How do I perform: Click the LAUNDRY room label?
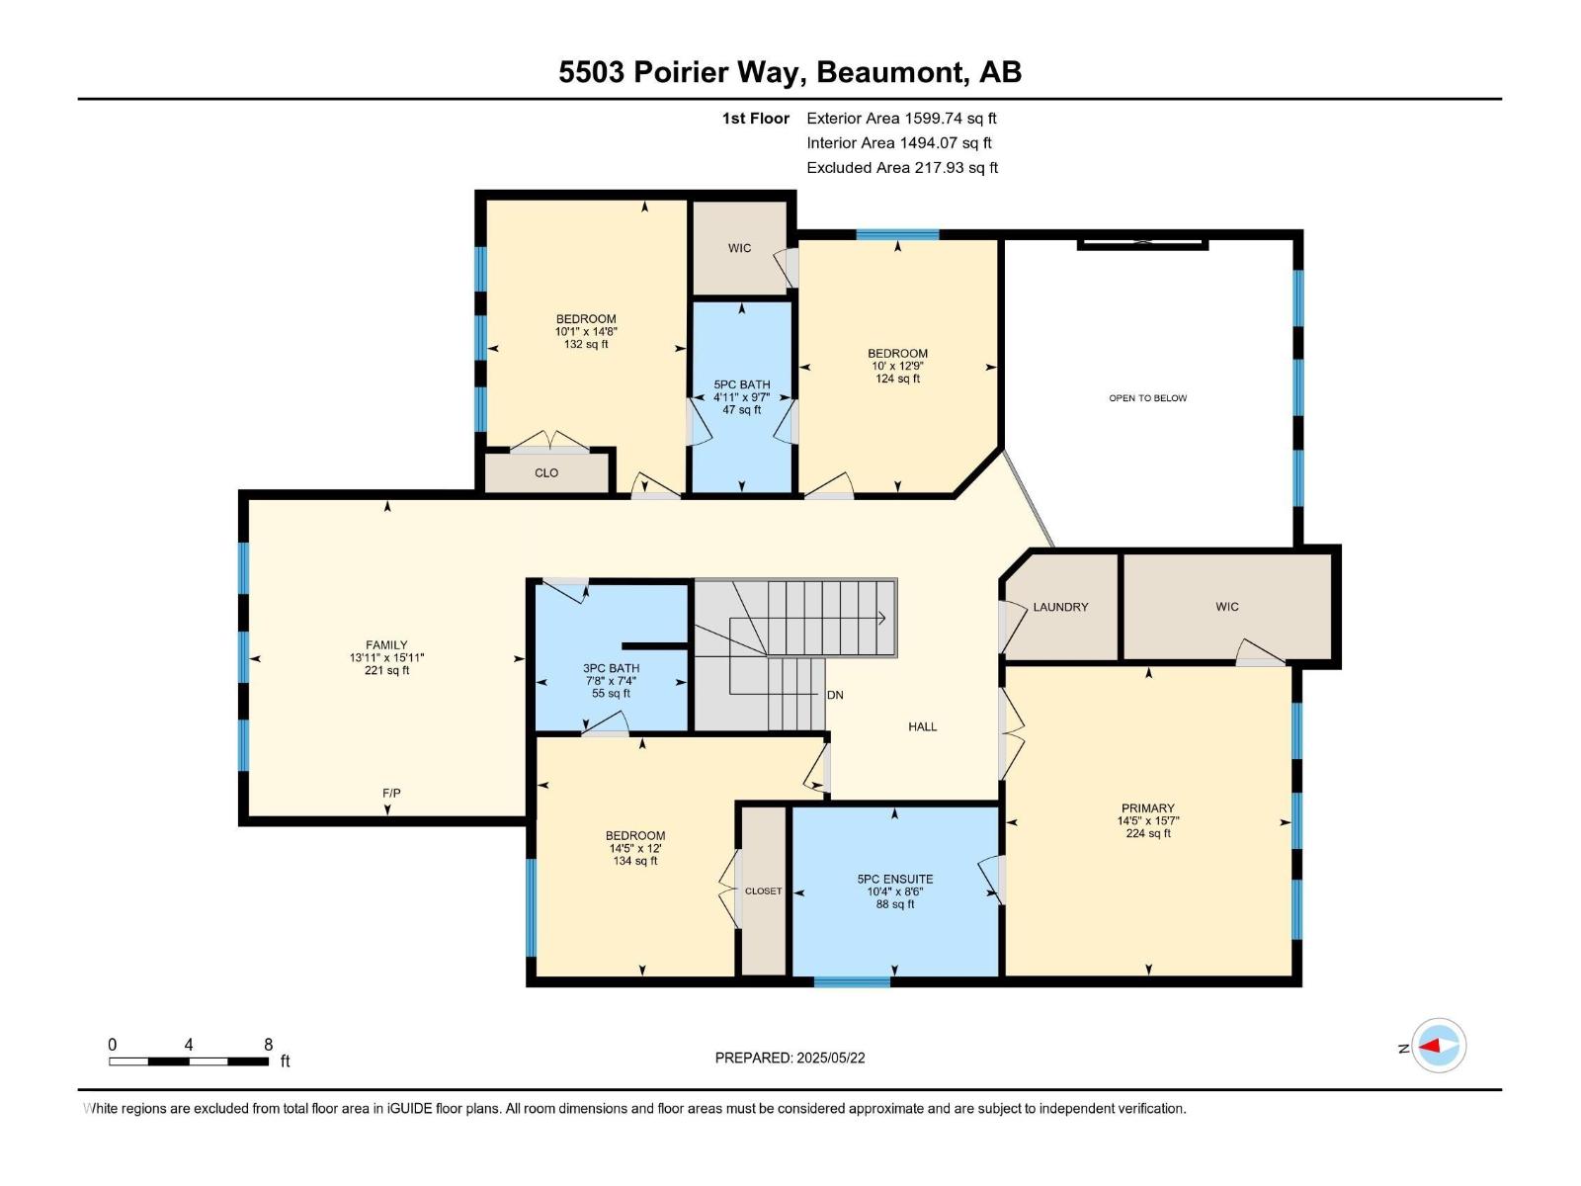(1060, 607)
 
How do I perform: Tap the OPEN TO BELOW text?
(1147, 398)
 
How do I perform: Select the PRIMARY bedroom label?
(1147, 807)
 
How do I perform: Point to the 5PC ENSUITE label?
(895, 879)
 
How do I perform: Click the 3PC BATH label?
(611, 668)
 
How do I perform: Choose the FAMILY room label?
(386, 644)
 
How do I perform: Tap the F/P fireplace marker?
(391, 793)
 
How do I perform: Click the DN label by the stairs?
(835, 695)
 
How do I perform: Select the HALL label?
(922, 726)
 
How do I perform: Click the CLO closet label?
(546, 472)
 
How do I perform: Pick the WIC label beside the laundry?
(1227, 607)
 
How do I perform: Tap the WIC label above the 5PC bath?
(739, 248)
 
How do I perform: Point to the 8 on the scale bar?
(268, 1045)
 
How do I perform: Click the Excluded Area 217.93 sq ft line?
(901, 167)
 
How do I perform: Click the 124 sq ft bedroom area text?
(897, 379)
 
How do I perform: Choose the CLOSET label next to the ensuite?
(763, 890)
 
